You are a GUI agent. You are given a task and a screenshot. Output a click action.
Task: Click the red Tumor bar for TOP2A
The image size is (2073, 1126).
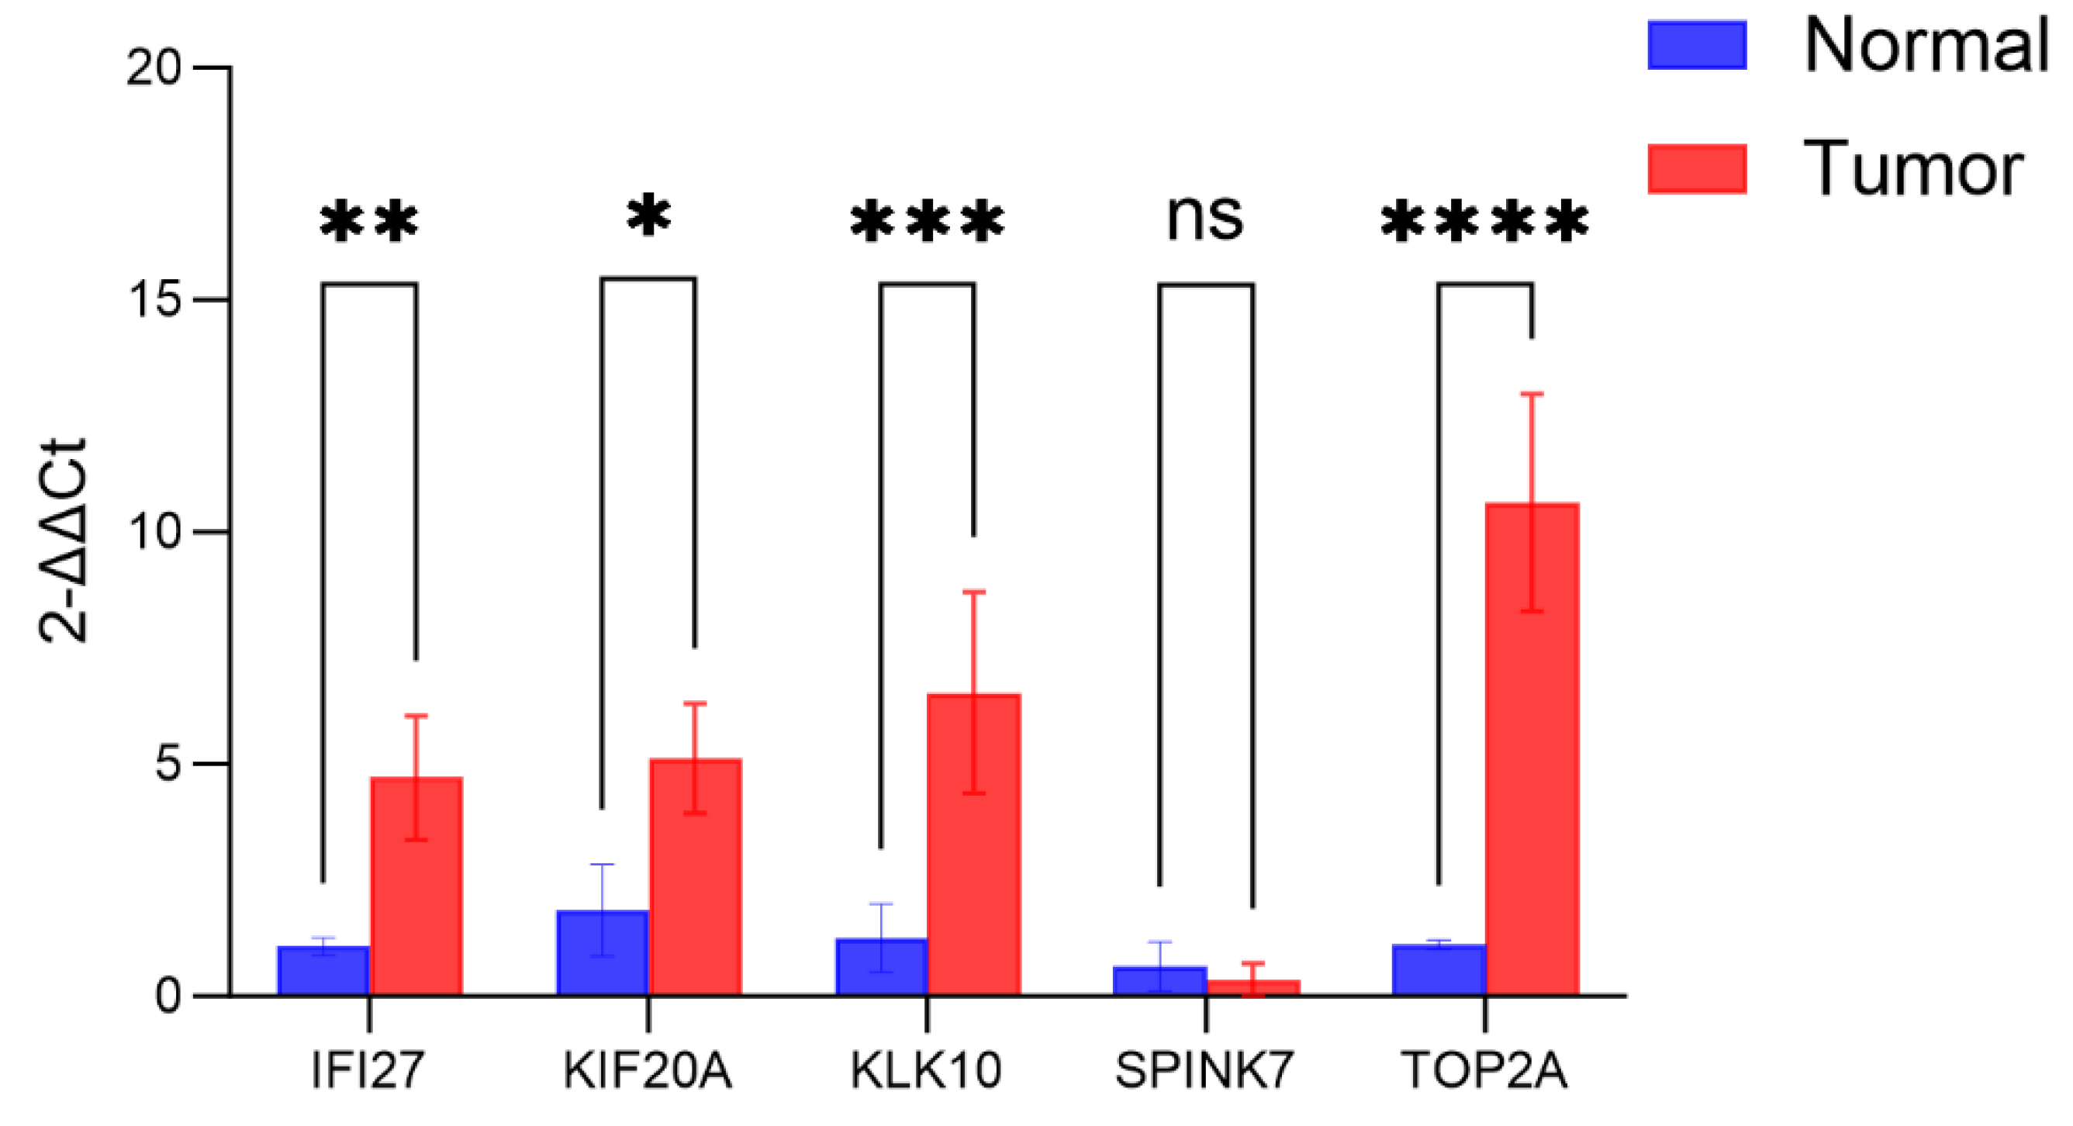[x=1532, y=748]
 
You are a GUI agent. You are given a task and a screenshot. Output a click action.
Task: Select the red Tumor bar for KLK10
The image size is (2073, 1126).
[x=974, y=845]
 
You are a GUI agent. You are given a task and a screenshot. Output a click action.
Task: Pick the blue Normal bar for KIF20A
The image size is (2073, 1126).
[x=602, y=953]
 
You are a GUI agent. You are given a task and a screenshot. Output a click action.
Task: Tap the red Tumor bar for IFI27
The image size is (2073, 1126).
[x=416, y=886]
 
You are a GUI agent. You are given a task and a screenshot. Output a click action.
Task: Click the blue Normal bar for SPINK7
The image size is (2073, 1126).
[x=1159, y=981]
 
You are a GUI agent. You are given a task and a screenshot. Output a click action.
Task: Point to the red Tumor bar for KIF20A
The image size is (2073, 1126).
[x=696, y=877]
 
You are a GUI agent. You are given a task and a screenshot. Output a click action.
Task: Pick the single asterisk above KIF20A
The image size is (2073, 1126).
[x=648, y=216]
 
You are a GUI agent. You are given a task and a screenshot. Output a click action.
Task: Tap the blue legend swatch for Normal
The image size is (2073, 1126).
[x=1696, y=45]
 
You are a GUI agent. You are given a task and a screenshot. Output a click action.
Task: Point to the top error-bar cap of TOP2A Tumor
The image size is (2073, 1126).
[x=1532, y=394]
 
